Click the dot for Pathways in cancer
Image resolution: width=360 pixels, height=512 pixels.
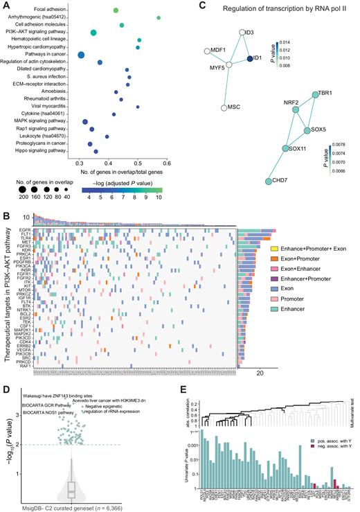coord(81,55)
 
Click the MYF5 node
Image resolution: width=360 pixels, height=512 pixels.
coord(229,64)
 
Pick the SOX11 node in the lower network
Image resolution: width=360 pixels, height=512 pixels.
coord(285,148)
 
